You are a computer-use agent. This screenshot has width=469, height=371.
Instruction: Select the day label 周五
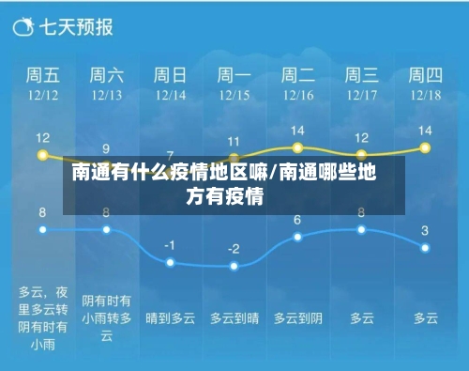tap(42, 74)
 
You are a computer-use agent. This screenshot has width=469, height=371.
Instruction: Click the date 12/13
tap(106, 95)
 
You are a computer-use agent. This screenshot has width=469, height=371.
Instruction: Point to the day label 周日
tap(170, 74)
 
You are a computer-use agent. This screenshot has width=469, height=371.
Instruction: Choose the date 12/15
tap(234, 95)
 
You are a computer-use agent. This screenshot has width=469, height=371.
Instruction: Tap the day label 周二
tap(297, 74)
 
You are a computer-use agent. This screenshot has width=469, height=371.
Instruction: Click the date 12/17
tap(361, 95)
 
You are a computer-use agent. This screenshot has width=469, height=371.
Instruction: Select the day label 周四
tap(425, 74)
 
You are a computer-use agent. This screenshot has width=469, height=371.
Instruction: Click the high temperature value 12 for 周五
tap(42, 138)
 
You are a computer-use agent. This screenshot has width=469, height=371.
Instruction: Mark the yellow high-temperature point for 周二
tap(297, 147)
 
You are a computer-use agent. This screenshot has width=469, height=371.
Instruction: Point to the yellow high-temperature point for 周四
tap(425, 147)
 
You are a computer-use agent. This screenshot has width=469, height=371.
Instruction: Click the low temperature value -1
tap(170, 245)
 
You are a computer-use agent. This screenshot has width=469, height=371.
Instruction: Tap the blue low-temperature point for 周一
tap(234, 266)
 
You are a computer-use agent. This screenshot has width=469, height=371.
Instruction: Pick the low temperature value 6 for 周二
tap(297, 220)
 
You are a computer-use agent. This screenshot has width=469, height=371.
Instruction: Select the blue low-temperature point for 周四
tap(425, 247)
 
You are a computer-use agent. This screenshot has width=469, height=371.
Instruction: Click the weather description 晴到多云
tap(170, 318)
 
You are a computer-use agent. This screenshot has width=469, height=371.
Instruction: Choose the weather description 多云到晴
tap(234, 318)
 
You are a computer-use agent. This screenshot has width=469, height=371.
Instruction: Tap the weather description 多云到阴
tap(297, 318)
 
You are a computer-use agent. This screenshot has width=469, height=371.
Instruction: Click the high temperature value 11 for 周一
tap(234, 142)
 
